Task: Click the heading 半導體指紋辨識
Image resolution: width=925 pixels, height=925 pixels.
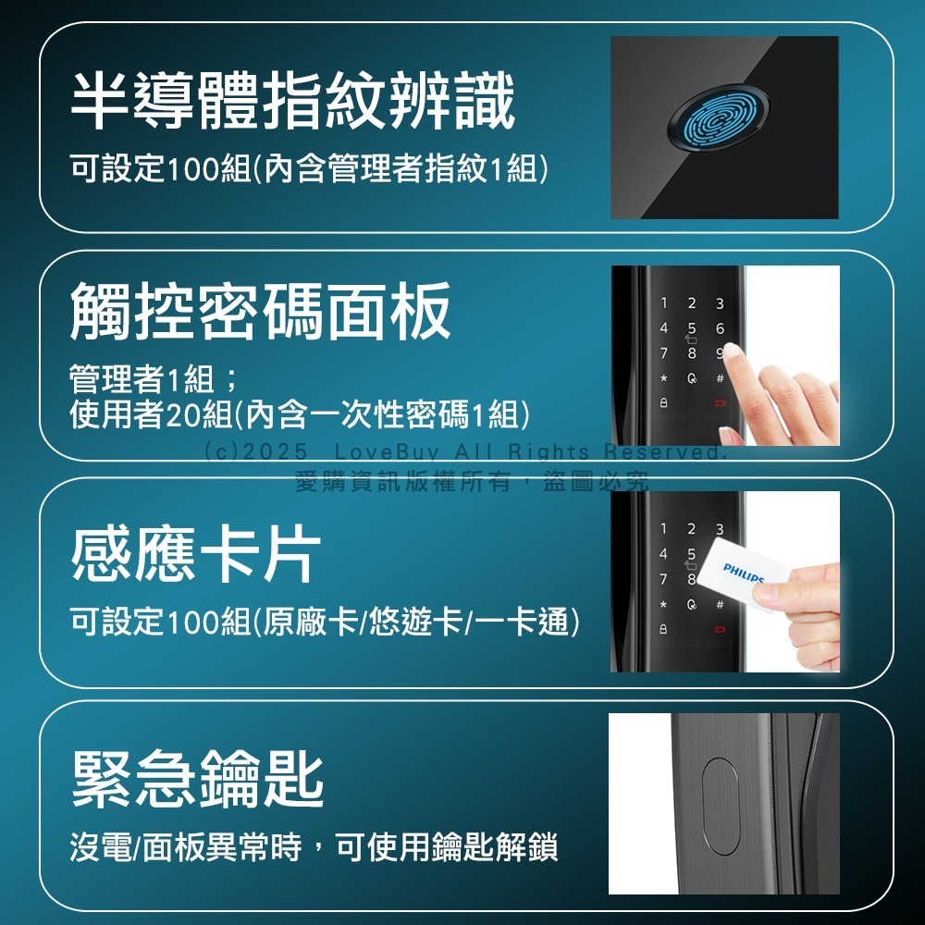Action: click(292, 102)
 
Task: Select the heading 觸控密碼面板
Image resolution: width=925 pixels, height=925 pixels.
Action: click(261, 311)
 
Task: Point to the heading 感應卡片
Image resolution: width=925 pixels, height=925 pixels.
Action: click(196, 554)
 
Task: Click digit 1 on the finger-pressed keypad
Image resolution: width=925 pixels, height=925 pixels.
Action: click(663, 303)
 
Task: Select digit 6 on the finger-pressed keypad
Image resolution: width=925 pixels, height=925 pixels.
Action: click(719, 329)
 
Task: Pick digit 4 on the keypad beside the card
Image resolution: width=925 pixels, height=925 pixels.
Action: click(663, 554)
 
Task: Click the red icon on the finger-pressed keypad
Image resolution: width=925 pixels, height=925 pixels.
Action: click(720, 405)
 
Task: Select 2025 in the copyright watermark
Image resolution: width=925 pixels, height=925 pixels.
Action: click(277, 452)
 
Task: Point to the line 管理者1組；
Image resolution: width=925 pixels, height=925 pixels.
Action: click(154, 379)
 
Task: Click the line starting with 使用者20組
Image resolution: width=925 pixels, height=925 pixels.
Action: click(300, 415)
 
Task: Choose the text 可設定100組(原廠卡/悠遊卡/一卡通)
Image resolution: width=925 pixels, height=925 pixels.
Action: click(325, 623)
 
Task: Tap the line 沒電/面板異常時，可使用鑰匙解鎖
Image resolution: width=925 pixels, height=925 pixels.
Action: click(314, 846)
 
